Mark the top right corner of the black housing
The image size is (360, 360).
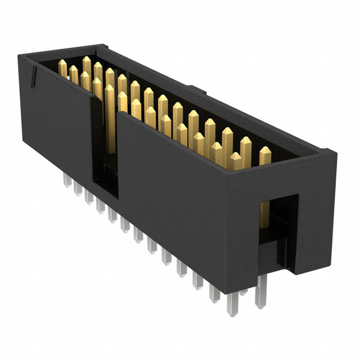click(336, 153)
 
